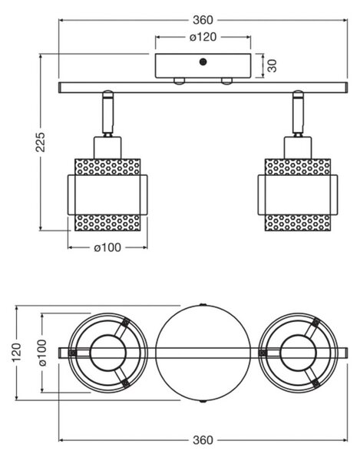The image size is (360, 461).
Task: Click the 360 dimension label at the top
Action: (203, 20)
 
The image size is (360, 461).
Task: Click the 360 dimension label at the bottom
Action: (203, 440)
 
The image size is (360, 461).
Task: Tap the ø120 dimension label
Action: (203, 37)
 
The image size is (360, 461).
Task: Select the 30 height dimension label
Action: (272, 65)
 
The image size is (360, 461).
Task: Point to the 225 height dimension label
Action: (40, 142)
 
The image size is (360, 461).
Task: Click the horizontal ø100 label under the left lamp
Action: (107, 247)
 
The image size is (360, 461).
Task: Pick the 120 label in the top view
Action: (16, 352)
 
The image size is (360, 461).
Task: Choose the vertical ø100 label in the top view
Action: (42, 353)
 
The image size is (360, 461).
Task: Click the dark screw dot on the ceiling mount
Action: (203, 62)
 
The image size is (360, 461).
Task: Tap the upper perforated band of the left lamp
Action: (107, 167)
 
